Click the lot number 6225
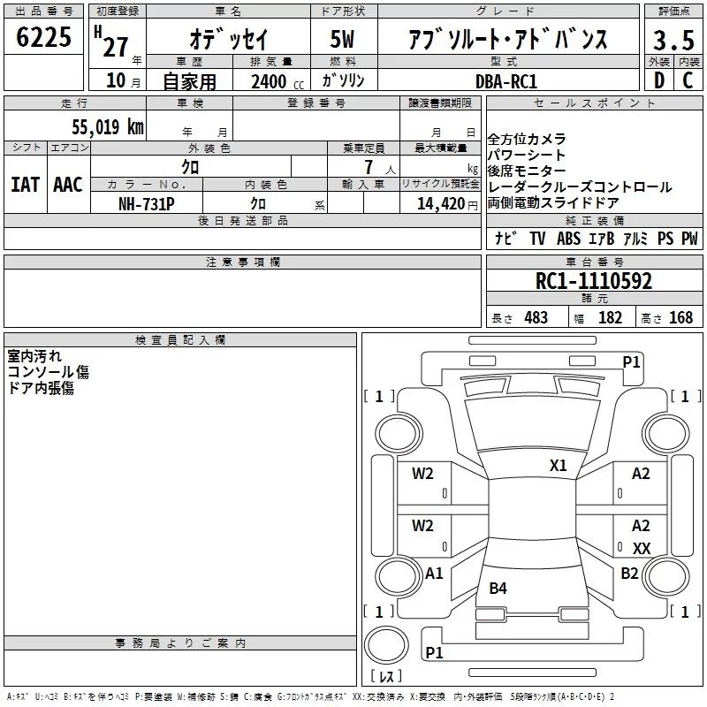[43, 37]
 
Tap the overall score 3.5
[673, 40]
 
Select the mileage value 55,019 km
[108, 126]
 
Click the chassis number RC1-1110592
[594, 281]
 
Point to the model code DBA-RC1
[506, 81]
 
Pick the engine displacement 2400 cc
[277, 81]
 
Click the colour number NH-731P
[147, 204]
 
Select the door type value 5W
[342, 39]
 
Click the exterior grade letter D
[659, 80]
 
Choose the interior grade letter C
[688, 80]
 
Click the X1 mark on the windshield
[558, 466]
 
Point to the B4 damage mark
[498, 588]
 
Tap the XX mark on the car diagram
[642, 548]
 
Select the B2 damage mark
[629, 573]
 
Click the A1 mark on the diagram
[434, 573]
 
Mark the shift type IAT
[26, 185]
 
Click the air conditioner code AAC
[68, 185]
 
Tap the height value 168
[680, 317]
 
